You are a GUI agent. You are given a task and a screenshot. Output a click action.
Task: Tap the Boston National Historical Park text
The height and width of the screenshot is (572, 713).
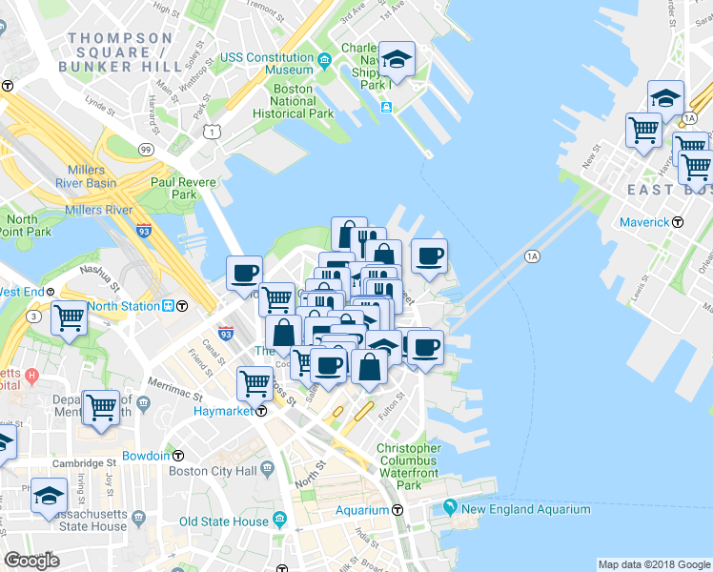[x=293, y=101]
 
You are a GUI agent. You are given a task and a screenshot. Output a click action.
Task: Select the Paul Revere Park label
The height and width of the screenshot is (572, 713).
[x=173, y=187]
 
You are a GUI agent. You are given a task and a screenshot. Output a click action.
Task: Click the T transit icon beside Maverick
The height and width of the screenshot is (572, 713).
[x=678, y=222]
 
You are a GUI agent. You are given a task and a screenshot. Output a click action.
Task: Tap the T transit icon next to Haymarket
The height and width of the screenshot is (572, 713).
[x=260, y=411]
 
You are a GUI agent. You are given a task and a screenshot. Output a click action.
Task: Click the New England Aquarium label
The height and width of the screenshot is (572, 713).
[x=525, y=510]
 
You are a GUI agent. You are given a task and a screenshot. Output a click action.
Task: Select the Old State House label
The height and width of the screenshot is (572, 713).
[x=224, y=521]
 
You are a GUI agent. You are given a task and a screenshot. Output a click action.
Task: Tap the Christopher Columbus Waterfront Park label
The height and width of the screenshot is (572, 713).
[x=409, y=466]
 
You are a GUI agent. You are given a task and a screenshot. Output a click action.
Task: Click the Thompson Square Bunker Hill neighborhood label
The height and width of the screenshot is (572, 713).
[x=120, y=52]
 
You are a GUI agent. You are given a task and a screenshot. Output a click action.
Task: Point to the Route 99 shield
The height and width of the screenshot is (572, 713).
[x=146, y=150]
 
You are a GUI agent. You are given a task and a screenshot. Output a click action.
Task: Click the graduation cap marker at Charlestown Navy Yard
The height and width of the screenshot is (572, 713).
[x=397, y=60]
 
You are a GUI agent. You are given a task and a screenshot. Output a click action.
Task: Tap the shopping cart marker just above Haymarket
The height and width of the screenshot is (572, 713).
[x=255, y=383]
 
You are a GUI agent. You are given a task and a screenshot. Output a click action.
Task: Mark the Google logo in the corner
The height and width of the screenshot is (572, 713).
[x=31, y=561]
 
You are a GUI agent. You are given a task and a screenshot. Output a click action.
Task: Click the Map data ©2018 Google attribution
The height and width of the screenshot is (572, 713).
[x=654, y=564]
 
